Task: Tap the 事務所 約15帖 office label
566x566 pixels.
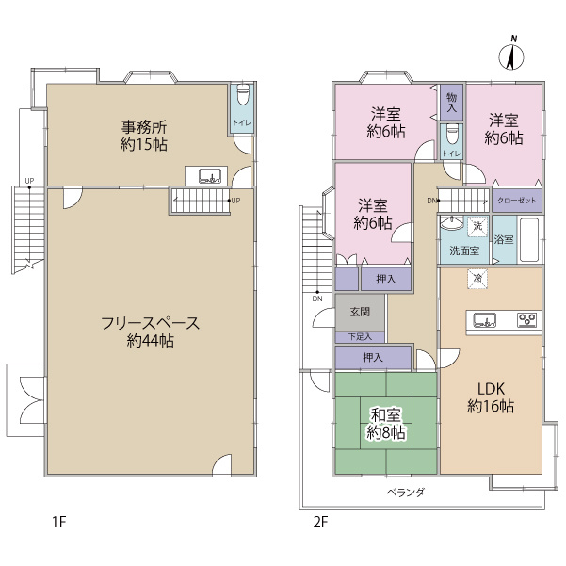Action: point(144,134)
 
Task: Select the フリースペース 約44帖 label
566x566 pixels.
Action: point(150,332)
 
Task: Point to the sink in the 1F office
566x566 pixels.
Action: point(210,174)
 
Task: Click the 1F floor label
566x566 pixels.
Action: point(59,521)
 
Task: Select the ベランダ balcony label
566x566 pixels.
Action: point(406,493)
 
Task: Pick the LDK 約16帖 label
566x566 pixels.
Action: point(490,396)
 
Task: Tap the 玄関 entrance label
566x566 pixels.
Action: point(360,312)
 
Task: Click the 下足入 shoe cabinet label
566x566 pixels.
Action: point(360,336)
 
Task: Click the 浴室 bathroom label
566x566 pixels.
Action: point(504,240)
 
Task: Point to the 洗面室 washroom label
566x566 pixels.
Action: point(463,251)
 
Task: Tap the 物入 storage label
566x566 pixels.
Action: point(452,102)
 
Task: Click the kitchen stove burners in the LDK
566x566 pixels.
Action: point(526,320)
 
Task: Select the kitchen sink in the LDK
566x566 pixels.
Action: point(483,320)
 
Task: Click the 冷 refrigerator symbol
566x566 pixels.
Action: point(477,279)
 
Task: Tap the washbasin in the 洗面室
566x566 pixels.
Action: point(452,227)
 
